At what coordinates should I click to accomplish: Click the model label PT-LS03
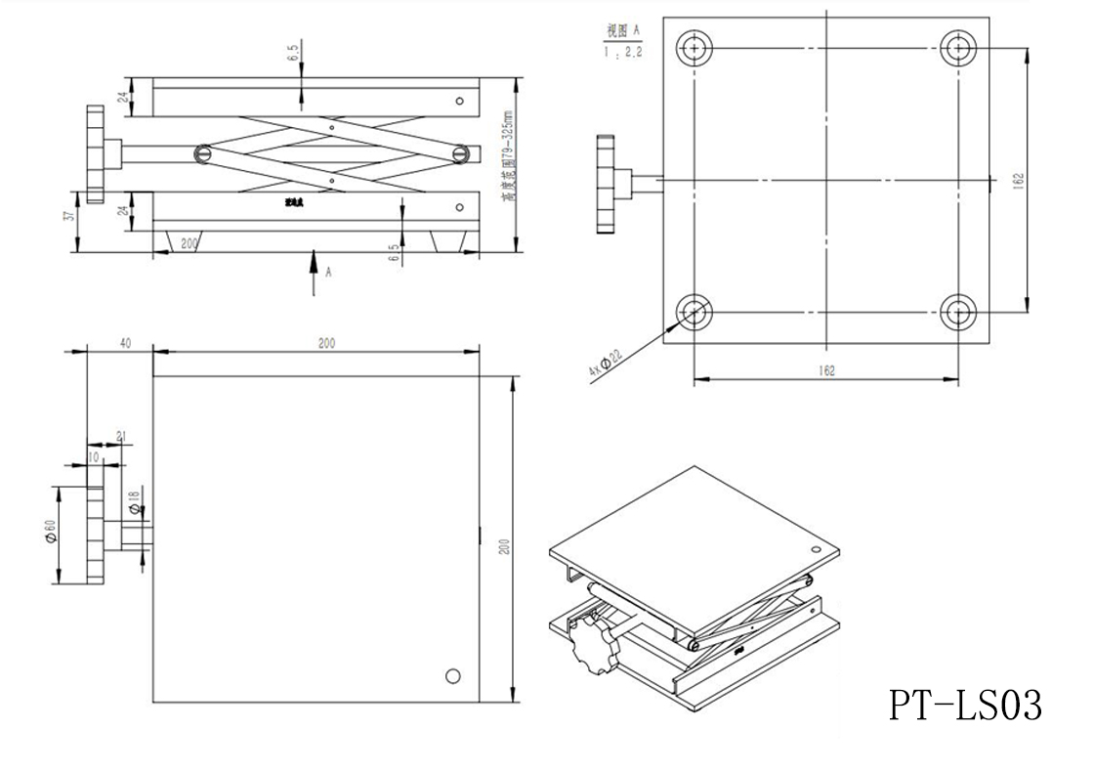[964, 704]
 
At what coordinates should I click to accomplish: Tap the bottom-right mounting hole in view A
[958, 313]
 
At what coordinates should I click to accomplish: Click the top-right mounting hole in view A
[958, 47]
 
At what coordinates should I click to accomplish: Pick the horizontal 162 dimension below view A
[826, 371]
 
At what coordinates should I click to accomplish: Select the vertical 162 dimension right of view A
[1018, 180]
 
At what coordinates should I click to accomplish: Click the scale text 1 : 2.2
[624, 53]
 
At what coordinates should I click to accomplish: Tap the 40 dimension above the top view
[124, 342]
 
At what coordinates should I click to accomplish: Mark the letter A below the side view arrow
[328, 273]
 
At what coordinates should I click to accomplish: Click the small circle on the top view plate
[452, 675]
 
